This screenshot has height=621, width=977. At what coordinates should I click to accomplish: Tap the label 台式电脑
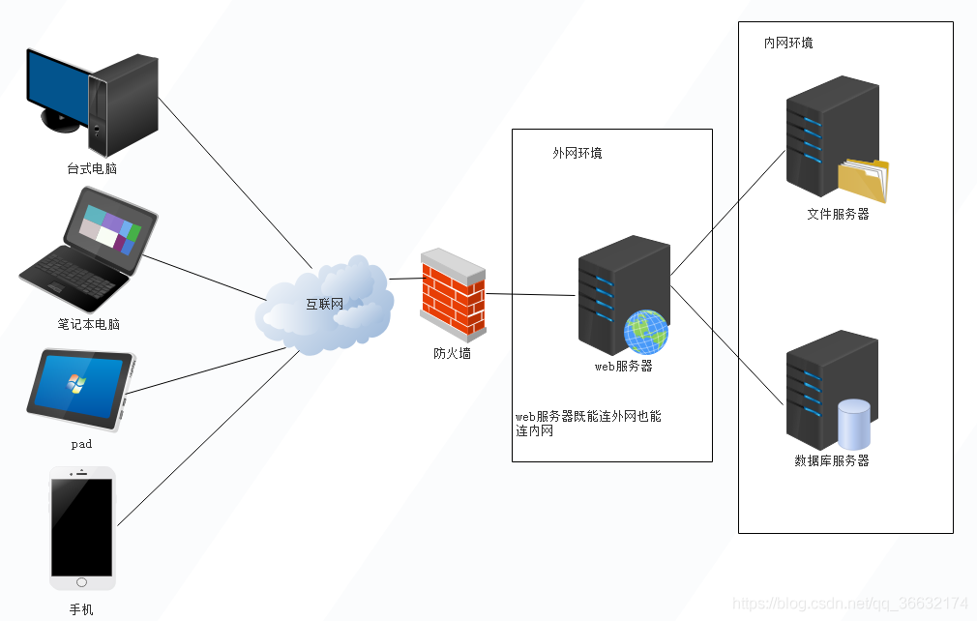pos(92,169)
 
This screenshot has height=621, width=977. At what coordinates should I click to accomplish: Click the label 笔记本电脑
pos(88,324)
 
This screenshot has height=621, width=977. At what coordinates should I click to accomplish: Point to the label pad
pos(81,444)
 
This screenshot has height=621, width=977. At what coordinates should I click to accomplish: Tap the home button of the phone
pos(81,582)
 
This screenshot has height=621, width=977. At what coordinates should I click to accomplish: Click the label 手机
pos(81,610)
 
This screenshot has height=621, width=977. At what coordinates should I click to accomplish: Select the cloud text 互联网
pos(324,305)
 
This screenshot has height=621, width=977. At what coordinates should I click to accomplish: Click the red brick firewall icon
pos(453,294)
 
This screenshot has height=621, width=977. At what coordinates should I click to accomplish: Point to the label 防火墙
pos(452,354)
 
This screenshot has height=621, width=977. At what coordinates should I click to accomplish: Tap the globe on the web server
pos(645,332)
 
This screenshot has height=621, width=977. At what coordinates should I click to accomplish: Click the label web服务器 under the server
pos(623,367)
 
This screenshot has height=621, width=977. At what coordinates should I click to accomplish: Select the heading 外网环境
pos(577,154)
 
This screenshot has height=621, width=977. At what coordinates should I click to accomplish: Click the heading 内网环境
pos(788,44)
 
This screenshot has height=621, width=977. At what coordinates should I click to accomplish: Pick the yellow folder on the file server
pos(862,181)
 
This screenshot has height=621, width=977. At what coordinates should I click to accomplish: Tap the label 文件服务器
pos(838,215)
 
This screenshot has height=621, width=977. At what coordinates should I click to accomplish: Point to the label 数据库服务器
pos(832,461)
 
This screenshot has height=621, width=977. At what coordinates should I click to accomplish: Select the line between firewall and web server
pos(532,294)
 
